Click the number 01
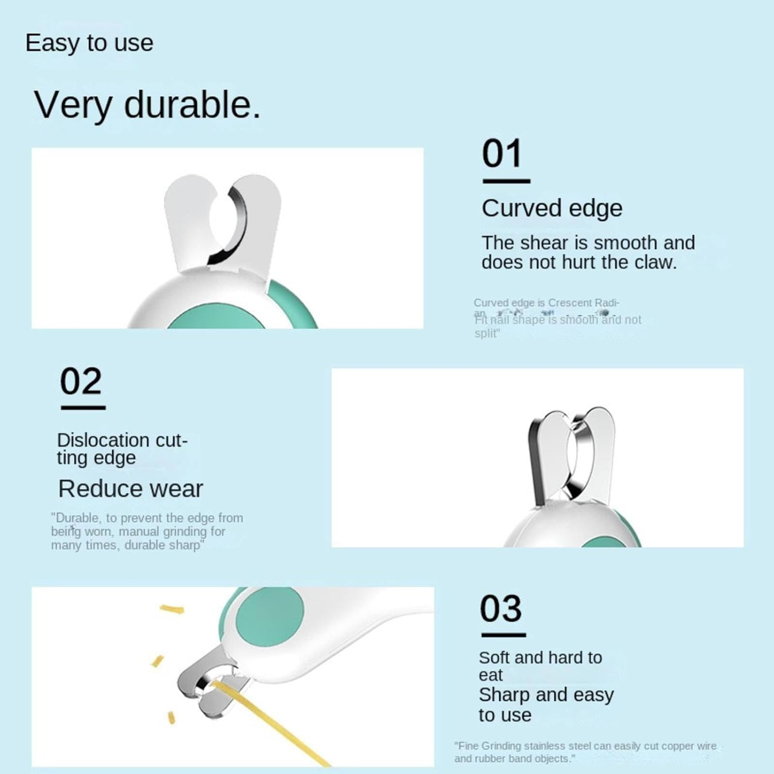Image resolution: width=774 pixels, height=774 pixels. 502,154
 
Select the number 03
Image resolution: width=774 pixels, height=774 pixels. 501,609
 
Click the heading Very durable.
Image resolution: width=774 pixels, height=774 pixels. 147,105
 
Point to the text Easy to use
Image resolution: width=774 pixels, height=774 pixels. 89,43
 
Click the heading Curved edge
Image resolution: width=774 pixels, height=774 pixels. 552,208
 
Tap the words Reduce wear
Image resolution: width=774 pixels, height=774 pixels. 131,489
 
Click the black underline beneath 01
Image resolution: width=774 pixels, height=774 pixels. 506,181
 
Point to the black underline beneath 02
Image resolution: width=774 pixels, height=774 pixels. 83,408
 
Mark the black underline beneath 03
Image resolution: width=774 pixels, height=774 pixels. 504,635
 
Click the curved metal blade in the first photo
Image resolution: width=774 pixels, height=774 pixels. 238,222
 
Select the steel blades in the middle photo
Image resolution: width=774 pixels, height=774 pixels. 570,454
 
